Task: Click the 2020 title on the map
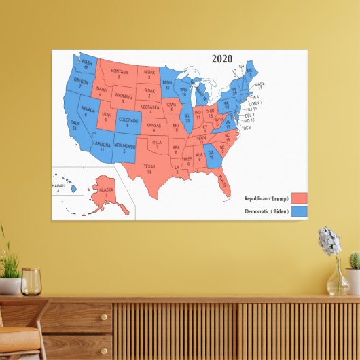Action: coord(222,59)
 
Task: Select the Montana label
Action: coord(119,73)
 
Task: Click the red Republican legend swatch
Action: coord(299,198)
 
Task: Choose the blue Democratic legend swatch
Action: coord(299,211)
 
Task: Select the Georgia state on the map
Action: coord(211,156)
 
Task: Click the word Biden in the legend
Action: coord(278,212)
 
